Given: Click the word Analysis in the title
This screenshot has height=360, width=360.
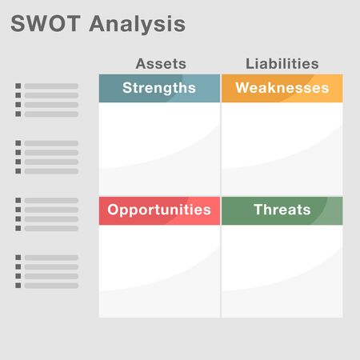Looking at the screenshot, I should tap(137, 25).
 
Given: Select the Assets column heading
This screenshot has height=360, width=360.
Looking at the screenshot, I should tap(161, 64).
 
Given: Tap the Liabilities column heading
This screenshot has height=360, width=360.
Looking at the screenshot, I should tap(282, 64).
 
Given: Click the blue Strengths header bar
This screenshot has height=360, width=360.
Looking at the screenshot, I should tap(159, 88).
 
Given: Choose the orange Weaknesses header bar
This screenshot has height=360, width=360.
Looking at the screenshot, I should tap(282, 88).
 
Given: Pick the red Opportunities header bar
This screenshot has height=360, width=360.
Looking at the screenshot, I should tap(159, 210).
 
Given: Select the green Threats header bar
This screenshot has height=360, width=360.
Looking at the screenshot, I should tap(282, 210).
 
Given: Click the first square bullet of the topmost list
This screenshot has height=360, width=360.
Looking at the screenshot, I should tap(19, 86).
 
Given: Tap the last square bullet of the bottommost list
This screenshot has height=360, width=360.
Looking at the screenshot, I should tap(19, 286).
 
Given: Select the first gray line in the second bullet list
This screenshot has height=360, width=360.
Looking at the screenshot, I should tap(51, 143).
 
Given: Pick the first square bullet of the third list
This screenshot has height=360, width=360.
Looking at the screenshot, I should tap(19, 201).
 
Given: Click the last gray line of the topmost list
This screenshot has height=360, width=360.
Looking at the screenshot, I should tap(51, 114).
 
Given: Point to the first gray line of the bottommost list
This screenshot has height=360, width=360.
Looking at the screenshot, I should tap(51, 258).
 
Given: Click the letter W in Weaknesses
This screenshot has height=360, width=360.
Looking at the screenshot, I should tap(243, 88).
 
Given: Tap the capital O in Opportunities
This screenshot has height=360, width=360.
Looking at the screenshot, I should tap(114, 210).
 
